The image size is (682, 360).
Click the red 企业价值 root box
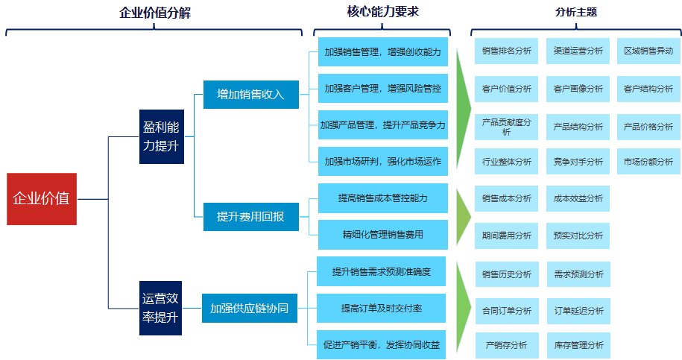42,199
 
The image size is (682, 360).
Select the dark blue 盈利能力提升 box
161,136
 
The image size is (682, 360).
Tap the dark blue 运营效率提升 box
160,308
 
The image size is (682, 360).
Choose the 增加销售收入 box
251,95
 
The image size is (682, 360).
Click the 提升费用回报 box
251,216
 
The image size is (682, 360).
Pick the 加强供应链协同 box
250,309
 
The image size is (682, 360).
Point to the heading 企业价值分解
155,13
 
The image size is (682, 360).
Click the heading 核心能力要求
382,12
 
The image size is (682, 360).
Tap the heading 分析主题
576,12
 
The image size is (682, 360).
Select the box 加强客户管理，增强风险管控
383,88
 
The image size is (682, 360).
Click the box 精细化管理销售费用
383,235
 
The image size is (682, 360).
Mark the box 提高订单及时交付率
381,309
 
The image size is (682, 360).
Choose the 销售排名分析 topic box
506,51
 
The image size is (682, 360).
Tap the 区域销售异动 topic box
648,51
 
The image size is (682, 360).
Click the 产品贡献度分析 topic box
506,127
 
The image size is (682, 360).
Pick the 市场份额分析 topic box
648,162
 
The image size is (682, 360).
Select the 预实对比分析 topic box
578,236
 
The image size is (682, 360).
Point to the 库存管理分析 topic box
579,345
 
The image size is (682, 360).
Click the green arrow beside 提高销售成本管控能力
463,216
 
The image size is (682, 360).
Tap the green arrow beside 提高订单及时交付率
463,307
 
